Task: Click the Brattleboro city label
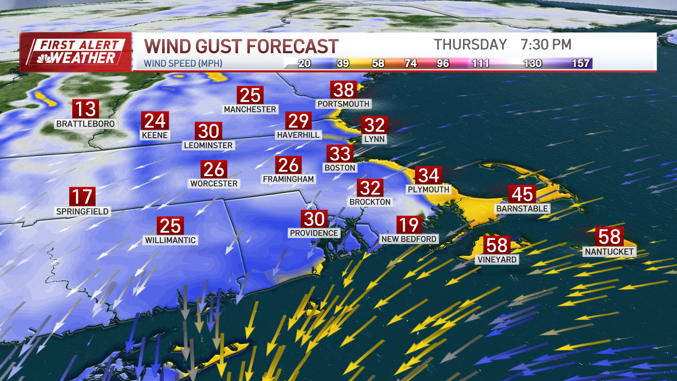[85, 124]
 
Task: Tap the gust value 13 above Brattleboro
[85, 109]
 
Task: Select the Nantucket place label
[609, 252]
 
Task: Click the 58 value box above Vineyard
[497, 245]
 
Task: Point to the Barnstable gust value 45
[522, 194]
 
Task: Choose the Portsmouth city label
[343, 104]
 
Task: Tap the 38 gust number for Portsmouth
[343, 90]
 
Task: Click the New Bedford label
[409, 239]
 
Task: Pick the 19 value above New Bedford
[409, 225]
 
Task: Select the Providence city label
[314, 233]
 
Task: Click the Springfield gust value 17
[82, 196]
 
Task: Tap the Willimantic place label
[170, 240]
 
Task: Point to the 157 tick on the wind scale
[580, 64]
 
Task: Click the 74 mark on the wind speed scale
[410, 64]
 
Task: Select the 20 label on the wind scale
[304, 64]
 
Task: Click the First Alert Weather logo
[76, 52]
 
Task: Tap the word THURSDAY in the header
[470, 45]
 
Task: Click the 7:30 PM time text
[546, 45]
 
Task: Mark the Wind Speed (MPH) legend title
[183, 64]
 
